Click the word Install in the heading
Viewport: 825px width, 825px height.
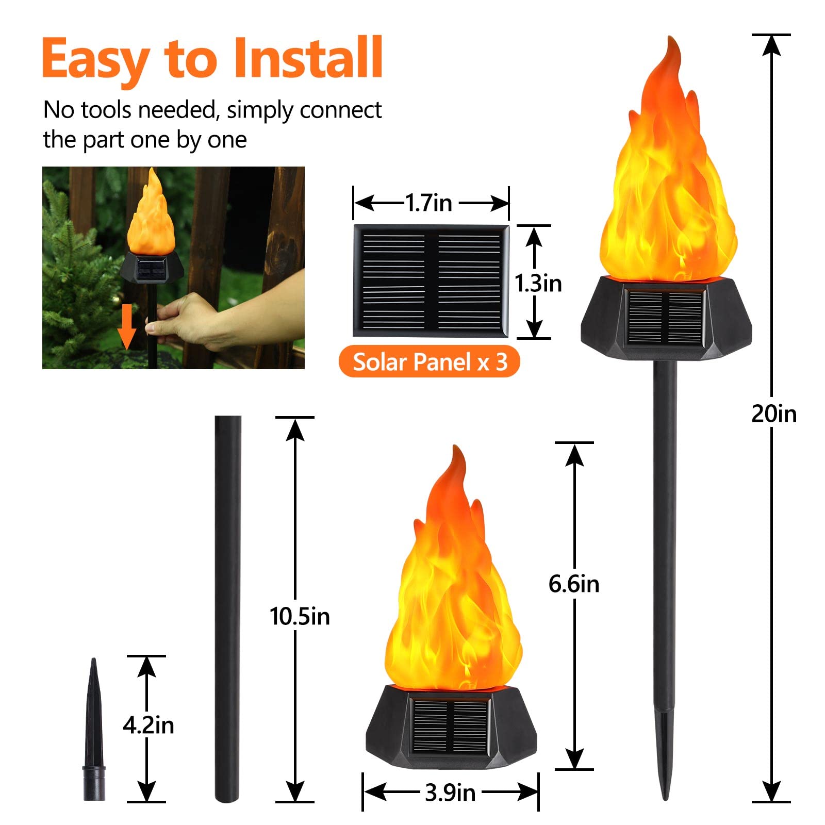308,58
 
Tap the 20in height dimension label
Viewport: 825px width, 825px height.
773,414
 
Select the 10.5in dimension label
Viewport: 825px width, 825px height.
300,616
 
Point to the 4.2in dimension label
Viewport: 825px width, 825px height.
148,725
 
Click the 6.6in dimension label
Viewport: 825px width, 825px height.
573,584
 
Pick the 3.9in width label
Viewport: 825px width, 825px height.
450,793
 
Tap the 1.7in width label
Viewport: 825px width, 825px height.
428,203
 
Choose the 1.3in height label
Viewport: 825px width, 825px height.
538,284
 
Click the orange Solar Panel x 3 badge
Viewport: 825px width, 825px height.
429,362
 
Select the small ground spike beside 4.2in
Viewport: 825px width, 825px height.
94,732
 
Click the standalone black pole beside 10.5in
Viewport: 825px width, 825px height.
228,608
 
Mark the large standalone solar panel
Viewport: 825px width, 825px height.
431,280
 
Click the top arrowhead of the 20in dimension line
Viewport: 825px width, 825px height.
771,45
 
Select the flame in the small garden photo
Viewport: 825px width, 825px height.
151,217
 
